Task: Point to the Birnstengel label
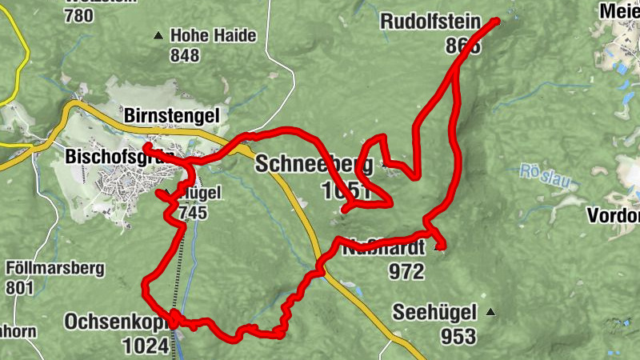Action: click(172, 115)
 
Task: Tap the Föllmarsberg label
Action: click(54, 268)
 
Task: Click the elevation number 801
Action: click(21, 286)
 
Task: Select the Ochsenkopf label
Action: click(116, 322)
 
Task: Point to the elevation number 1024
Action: click(146, 346)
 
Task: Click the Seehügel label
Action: click(434, 312)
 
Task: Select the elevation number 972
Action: click(406, 272)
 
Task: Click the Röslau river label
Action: click(548, 176)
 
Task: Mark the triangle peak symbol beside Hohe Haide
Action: click(158, 35)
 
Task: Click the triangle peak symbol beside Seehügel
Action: click(490, 312)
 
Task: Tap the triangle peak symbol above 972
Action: click(437, 249)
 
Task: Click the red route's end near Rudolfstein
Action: click(496, 21)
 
